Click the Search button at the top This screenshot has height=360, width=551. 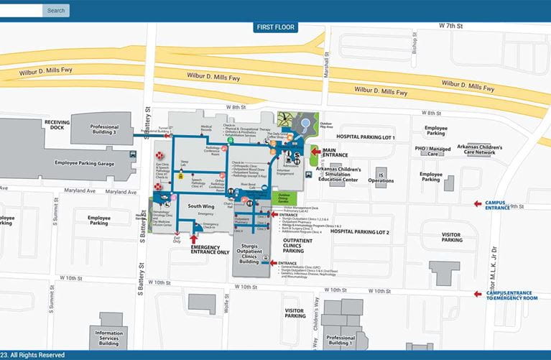click(56, 11)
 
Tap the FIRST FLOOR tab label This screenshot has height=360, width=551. click(275, 28)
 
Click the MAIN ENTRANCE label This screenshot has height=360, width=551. click(336, 152)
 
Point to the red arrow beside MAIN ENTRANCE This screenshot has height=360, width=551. click(315, 151)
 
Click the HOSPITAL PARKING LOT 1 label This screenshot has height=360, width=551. click(366, 137)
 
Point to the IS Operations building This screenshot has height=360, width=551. click(381, 176)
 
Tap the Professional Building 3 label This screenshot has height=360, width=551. click(104, 130)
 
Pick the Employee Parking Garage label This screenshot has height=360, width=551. click(85, 163)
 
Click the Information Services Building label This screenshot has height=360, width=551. click(108, 338)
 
